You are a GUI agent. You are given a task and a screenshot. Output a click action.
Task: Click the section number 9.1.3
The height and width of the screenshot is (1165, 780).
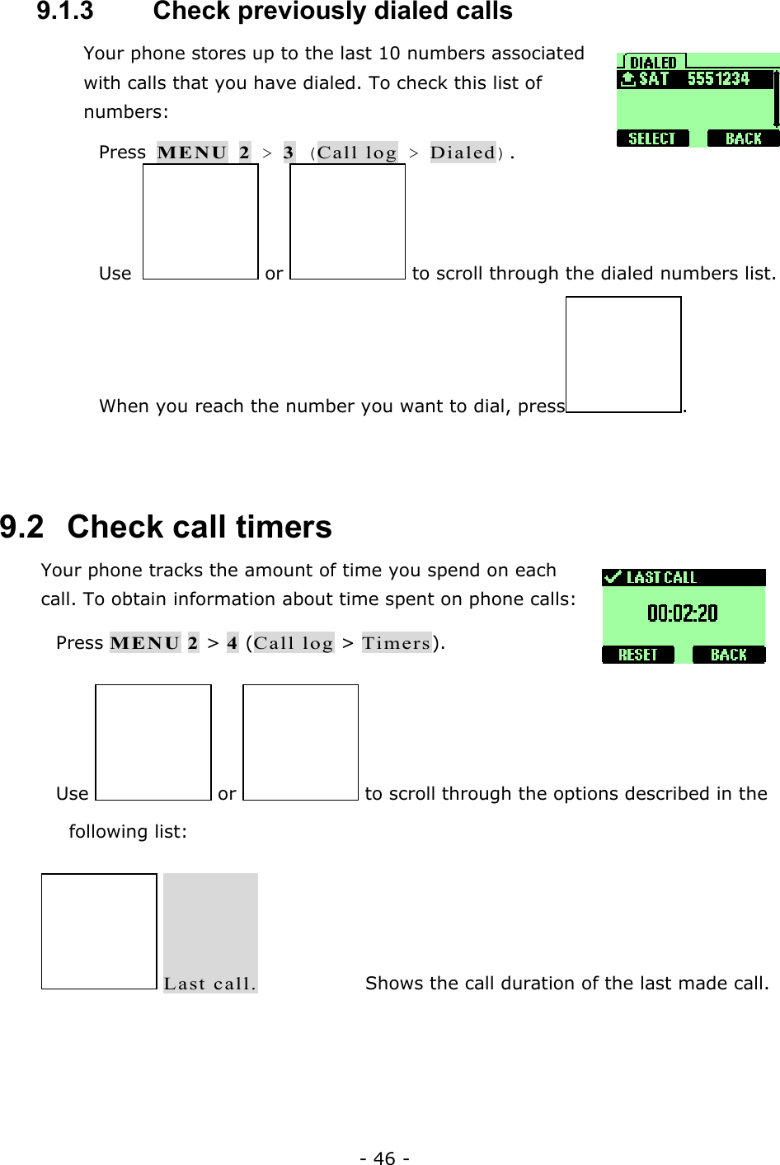coord(65,12)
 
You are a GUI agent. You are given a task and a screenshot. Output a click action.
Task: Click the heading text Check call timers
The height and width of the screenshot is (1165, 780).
coord(200,527)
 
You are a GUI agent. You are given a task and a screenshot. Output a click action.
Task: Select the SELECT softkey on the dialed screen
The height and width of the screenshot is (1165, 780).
coord(652,139)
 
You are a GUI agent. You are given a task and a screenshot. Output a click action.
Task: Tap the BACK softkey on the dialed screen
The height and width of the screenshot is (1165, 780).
coord(743,139)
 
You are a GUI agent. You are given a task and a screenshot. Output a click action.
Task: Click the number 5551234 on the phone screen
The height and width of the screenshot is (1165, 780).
coord(718,79)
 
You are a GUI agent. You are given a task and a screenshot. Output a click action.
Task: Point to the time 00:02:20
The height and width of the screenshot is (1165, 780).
coord(683,613)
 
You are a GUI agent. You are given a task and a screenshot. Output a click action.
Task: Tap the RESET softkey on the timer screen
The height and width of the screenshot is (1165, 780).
coord(638,655)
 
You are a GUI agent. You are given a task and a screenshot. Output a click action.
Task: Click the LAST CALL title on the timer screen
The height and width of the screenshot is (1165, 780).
coord(660,578)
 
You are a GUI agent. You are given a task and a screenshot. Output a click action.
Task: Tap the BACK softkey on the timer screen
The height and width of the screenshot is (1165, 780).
coord(728,655)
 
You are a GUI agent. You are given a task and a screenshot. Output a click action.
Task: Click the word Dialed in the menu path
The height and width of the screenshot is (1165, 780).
coord(463,153)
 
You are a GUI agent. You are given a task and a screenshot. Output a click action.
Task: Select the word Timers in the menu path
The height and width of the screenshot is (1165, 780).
coord(397,643)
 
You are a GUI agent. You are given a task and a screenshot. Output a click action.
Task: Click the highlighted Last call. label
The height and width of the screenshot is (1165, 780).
coord(210,983)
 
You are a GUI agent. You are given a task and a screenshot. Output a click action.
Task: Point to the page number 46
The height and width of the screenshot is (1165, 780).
coord(384,1158)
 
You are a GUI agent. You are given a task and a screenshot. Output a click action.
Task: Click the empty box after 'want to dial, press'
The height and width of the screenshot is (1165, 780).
coord(623,355)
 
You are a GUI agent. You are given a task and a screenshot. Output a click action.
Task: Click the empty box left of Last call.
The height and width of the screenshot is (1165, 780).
coord(99,931)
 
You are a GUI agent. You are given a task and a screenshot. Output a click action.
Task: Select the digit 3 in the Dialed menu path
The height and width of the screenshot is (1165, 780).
coord(289,153)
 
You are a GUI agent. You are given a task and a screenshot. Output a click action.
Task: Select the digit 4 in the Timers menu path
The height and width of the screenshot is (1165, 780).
coord(233,643)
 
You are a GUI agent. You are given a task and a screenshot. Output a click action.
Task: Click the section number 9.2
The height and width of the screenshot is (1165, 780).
coord(22,527)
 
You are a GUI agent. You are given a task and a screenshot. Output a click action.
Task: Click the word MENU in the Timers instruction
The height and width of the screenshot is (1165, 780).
coord(145,643)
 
